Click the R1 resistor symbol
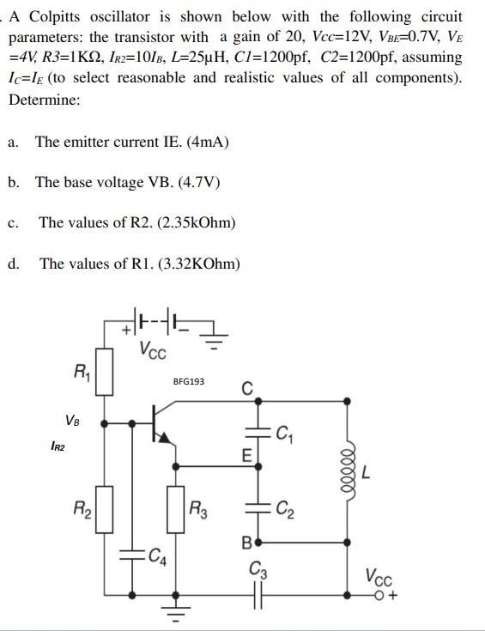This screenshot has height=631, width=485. point(105,372)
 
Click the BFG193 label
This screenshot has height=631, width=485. point(189,380)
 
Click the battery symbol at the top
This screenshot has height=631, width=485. point(155,325)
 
